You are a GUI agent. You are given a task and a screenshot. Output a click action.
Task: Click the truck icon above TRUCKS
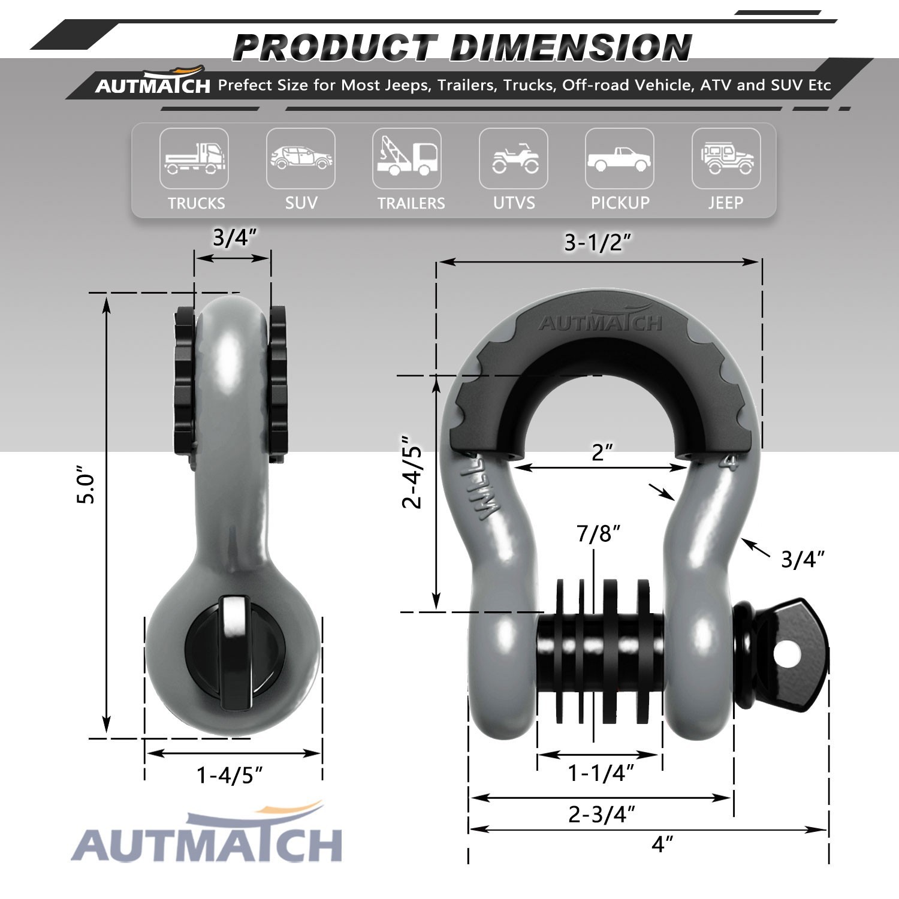(194, 158)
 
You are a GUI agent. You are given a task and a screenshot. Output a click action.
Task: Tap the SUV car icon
(300, 158)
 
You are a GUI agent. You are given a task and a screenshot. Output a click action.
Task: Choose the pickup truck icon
(619, 159)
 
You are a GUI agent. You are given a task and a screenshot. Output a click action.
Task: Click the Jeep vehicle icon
(726, 158)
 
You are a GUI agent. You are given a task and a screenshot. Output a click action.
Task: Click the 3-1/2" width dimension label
(598, 243)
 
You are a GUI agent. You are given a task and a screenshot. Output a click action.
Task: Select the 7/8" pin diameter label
(598, 533)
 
